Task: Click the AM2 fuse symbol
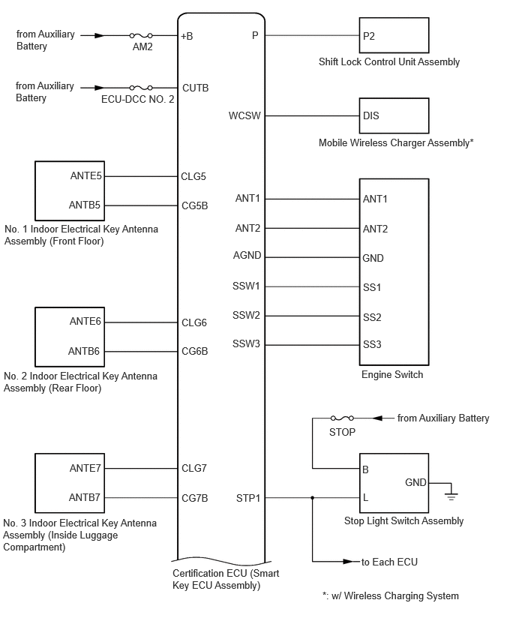pyautogui.click(x=141, y=35)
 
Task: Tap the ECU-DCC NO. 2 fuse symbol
pyautogui.click(x=141, y=88)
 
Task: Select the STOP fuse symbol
pyautogui.click(x=342, y=418)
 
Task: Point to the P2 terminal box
pyautogui.click(x=394, y=35)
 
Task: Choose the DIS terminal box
pyautogui.click(x=394, y=115)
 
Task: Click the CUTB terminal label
pyautogui.click(x=195, y=88)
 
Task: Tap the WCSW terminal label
pyautogui.click(x=244, y=115)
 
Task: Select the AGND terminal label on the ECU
pyautogui.click(x=247, y=256)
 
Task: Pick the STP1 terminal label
pyautogui.click(x=247, y=498)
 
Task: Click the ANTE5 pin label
pyautogui.click(x=85, y=175)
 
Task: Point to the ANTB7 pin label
pyautogui.click(x=84, y=497)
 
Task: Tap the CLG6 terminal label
pyautogui.click(x=194, y=322)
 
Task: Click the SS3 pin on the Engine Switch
pyautogui.click(x=372, y=344)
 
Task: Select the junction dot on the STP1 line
pyautogui.click(x=313, y=497)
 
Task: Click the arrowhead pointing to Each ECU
pyautogui.click(x=348, y=562)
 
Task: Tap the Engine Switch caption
pyautogui.click(x=392, y=374)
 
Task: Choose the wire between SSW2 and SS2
pyautogui.click(x=312, y=316)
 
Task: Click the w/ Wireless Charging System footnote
pyautogui.click(x=391, y=595)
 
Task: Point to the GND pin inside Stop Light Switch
pyautogui.click(x=415, y=482)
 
